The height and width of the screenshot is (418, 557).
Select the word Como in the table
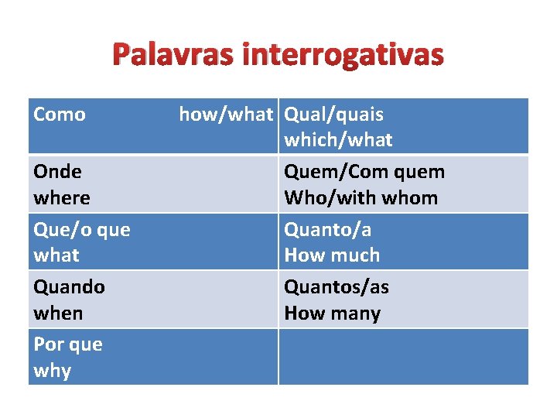(x=60, y=115)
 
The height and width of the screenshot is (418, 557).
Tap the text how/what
(x=226, y=115)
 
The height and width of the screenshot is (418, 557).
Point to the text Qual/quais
(x=333, y=115)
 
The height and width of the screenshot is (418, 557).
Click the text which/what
(x=338, y=140)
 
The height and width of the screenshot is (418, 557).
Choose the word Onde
(x=57, y=171)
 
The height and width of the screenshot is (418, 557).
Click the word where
(x=62, y=197)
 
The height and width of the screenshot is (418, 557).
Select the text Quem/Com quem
(x=364, y=171)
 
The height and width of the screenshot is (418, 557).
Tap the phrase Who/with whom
(x=361, y=197)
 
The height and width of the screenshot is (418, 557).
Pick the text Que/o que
(x=82, y=229)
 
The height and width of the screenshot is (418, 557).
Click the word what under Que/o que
(x=56, y=255)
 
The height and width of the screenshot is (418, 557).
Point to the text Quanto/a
(x=328, y=229)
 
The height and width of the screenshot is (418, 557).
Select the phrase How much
(x=332, y=255)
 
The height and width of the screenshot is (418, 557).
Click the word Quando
(x=69, y=286)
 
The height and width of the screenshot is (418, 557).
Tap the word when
(x=58, y=313)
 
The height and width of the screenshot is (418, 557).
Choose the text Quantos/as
(x=337, y=286)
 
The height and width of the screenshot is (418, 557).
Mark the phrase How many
(x=332, y=313)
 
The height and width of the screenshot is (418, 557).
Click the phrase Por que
(x=68, y=344)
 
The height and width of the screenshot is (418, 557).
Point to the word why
(x=53, y=370)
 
